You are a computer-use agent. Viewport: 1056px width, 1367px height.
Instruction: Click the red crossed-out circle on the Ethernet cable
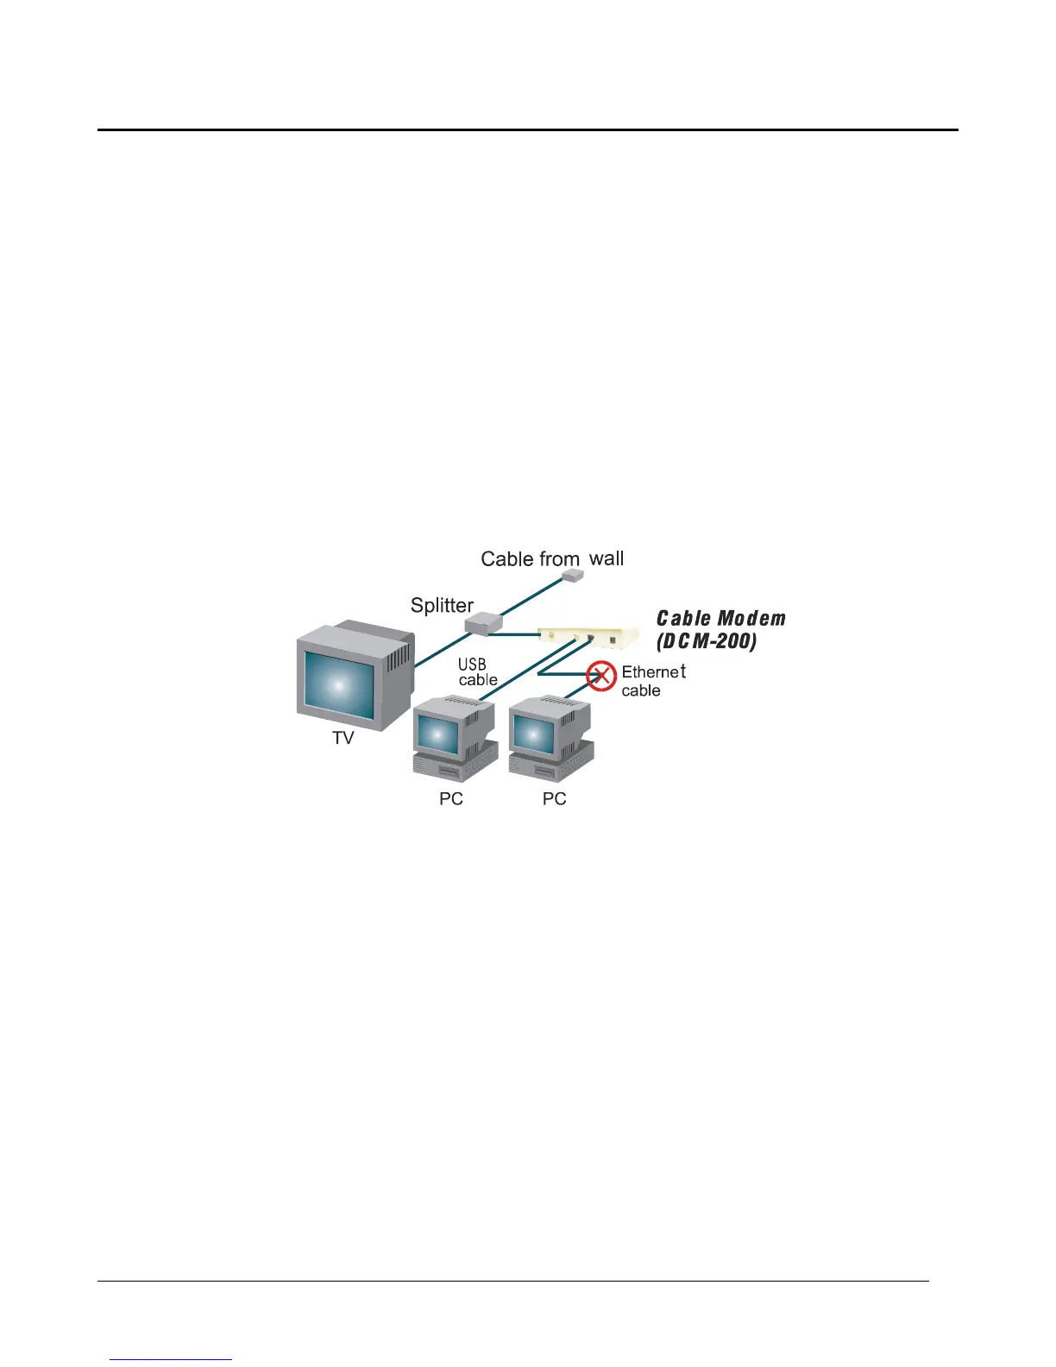(601, 677)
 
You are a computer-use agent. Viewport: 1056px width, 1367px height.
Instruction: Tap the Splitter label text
(442, 605)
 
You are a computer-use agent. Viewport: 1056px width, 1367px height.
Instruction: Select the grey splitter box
(483, 621)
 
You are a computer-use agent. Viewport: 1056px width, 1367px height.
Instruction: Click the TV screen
(339, 685)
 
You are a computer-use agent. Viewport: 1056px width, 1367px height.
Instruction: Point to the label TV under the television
(343, 738)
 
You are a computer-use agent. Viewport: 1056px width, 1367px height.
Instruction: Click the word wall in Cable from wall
(607, 558)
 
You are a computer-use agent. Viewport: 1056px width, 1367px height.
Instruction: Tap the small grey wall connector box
(570, 575)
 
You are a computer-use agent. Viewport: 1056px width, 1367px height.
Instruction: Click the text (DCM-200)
(707, 641)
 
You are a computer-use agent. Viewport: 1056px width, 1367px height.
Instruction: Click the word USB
(472, 665)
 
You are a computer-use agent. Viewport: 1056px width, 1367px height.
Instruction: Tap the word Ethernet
(653, 671)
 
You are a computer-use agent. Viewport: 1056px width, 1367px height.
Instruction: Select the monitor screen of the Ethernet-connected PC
(532, 734)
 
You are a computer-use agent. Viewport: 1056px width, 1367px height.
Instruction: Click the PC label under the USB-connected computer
(451, 799)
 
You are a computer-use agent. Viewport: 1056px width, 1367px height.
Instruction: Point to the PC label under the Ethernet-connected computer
(554, 799)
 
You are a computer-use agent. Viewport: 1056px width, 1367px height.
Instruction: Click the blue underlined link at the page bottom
(171, 1359)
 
